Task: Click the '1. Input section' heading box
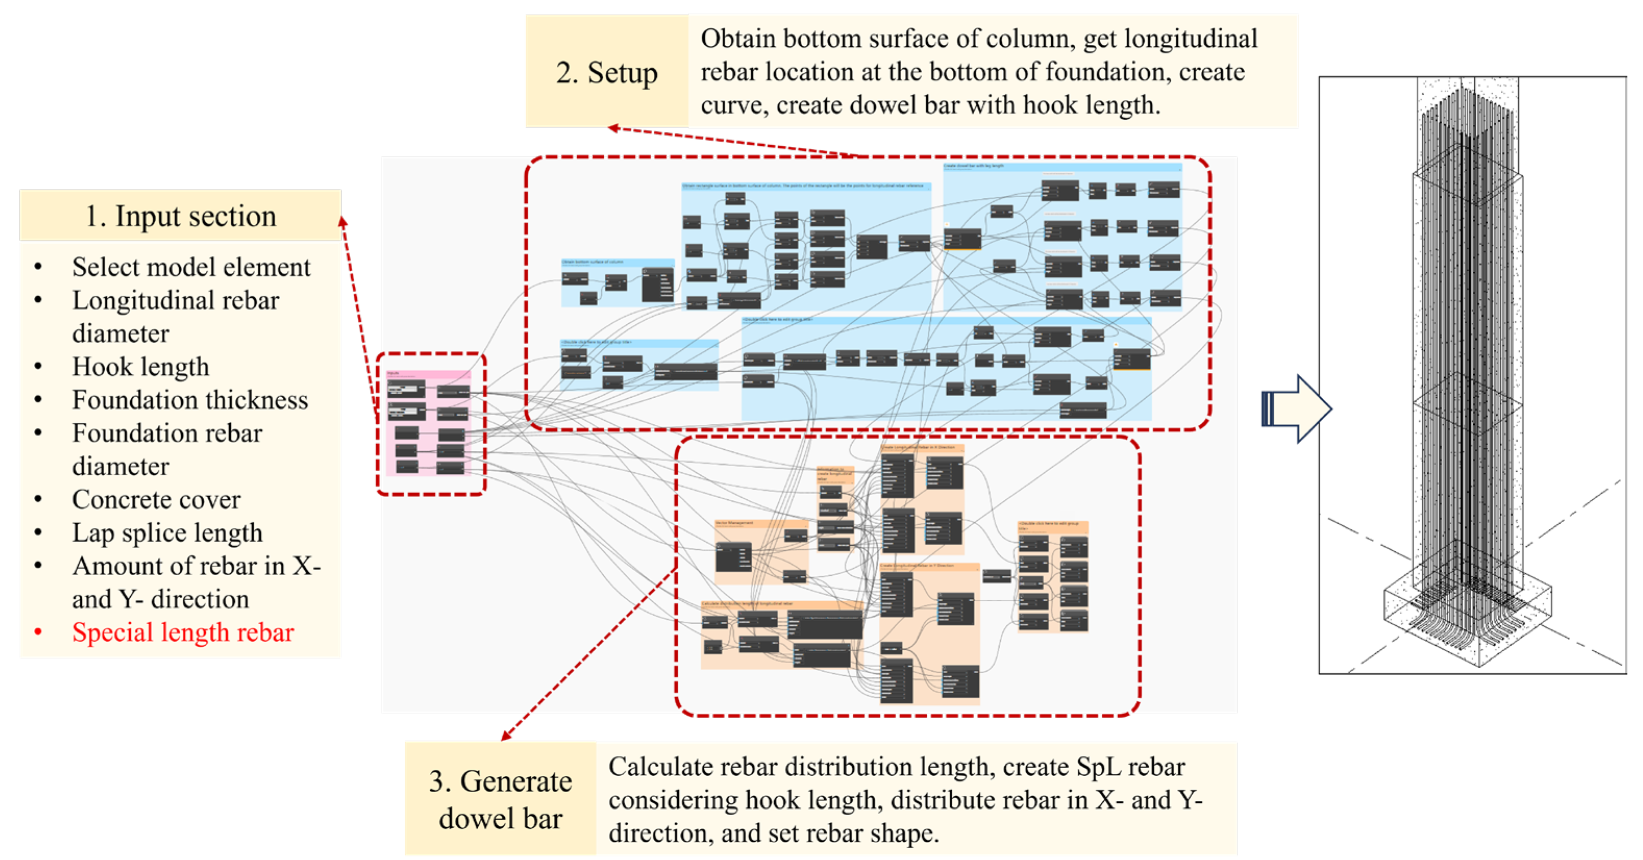(x=180, y=216)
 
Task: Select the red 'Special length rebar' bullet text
(x=182, y=633)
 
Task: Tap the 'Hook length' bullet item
(x=140, y=366)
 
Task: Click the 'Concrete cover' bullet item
(x=156, y=499)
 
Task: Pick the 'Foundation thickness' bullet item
(x=190, y=400)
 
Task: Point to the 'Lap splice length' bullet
(x=167, y=533)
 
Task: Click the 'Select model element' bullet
(x=191, y=267)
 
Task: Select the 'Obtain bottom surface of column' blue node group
(x=617, y=283)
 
